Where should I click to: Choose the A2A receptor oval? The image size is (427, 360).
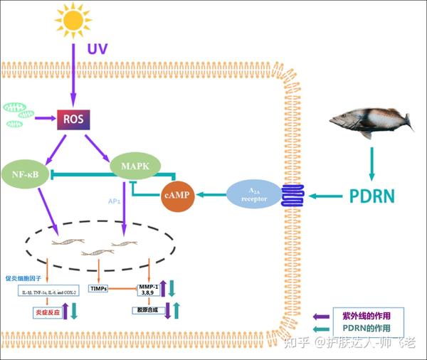point(253,194)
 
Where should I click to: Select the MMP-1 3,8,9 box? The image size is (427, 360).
point(149,289)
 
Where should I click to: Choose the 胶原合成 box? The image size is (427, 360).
point(147,310)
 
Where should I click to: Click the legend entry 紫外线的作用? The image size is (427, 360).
point(374,315)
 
